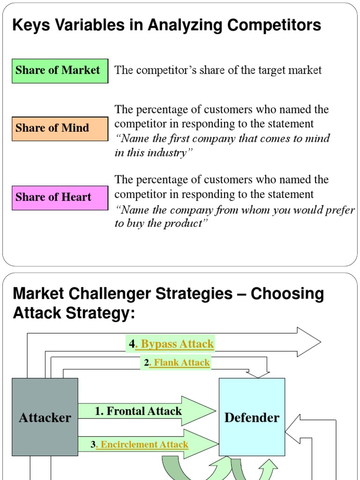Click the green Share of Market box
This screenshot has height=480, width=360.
pos(60,71)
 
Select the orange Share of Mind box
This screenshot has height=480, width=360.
pos(60,128)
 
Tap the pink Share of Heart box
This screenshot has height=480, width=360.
pos(60,197)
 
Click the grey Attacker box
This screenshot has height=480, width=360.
pos(45,417)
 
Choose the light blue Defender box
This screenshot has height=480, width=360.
pos(252,417)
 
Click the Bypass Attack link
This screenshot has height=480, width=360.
pos(174,345)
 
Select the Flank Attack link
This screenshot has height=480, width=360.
pos(179,362)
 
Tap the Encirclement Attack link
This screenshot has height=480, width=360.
pos(142,445)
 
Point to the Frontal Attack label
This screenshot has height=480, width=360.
pos(138,412)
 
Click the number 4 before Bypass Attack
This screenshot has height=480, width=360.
pos(132,345)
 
